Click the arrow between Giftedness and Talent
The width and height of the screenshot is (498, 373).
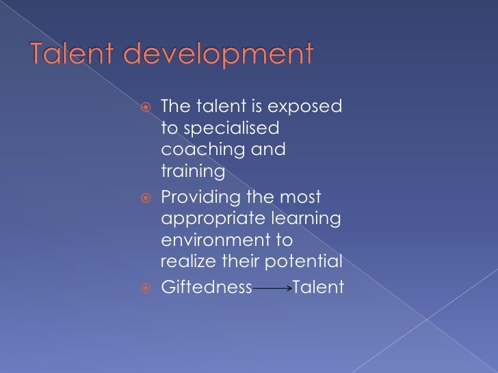tap(272, 289)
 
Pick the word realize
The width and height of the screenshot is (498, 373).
tap(185, 262)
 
